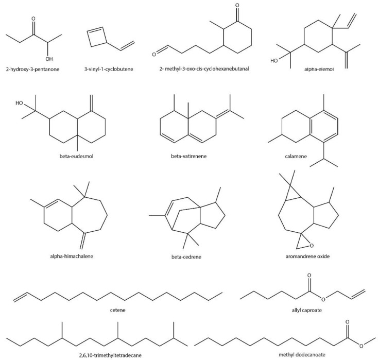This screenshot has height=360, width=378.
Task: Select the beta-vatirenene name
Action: coord(190,153)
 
